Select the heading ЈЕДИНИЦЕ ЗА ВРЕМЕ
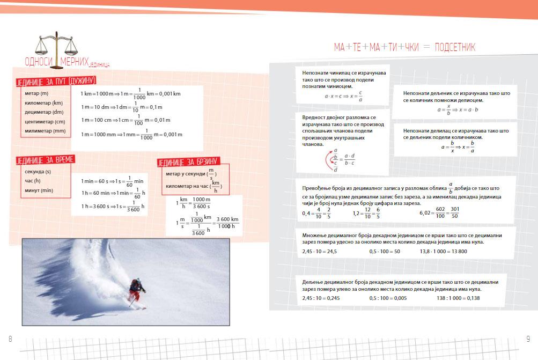[x=45, y=160]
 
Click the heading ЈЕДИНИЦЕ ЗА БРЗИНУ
[x=188, y=162]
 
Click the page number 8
[x=10, y=338]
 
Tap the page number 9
[x=528, y=338]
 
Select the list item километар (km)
[x=43, y=103]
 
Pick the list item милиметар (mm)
[x=45, y=131]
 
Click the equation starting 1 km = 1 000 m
[x=131, y=93]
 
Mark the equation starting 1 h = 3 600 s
[x=113, y=205]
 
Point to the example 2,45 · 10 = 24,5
[x=320, y=252]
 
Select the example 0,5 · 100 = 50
[x=385, y=252]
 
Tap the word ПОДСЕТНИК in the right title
[x=455, y=48]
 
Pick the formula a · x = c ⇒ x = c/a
[x=344, y=97]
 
